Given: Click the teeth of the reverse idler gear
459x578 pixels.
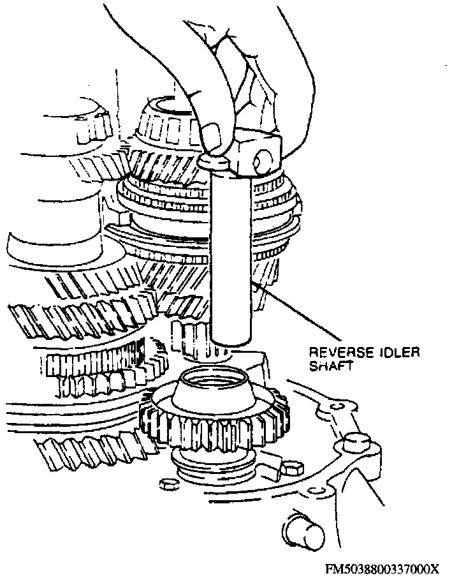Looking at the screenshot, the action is [x=210, y=424].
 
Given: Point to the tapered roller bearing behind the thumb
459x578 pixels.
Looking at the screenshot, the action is [x=163, y=121].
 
